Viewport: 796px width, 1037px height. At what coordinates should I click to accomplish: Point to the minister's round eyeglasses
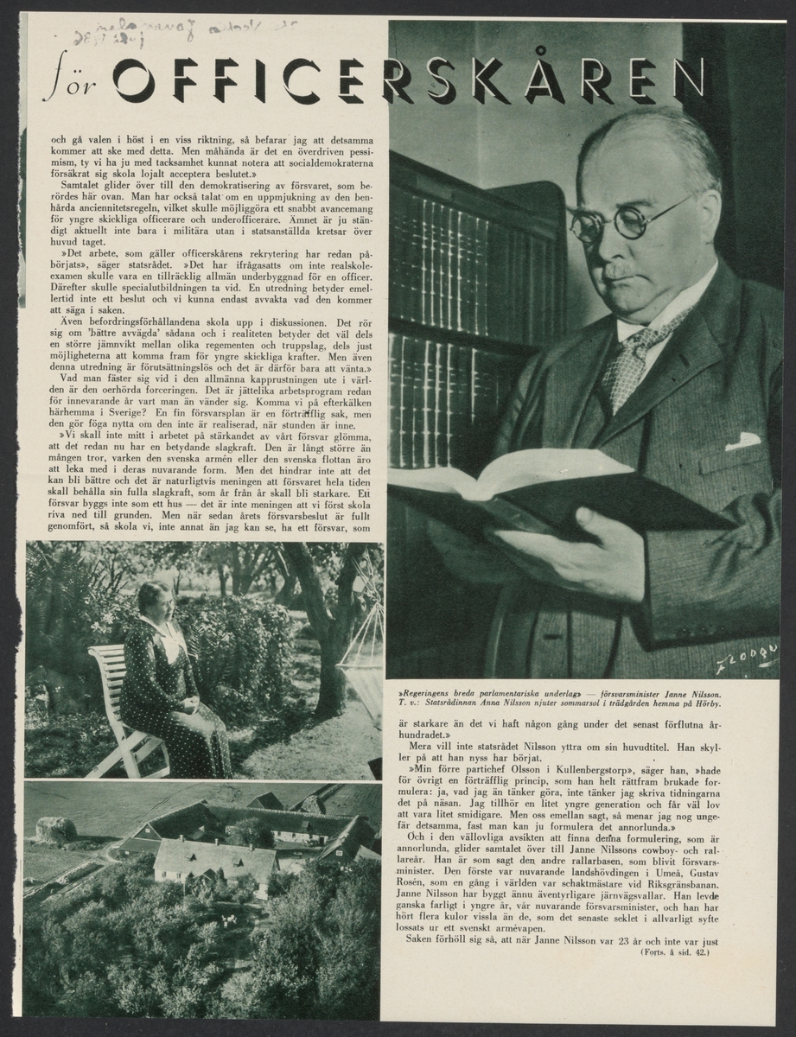tap(627, 217)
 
